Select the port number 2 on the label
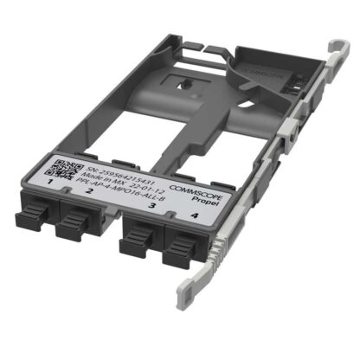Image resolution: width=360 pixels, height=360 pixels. [88, 191]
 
